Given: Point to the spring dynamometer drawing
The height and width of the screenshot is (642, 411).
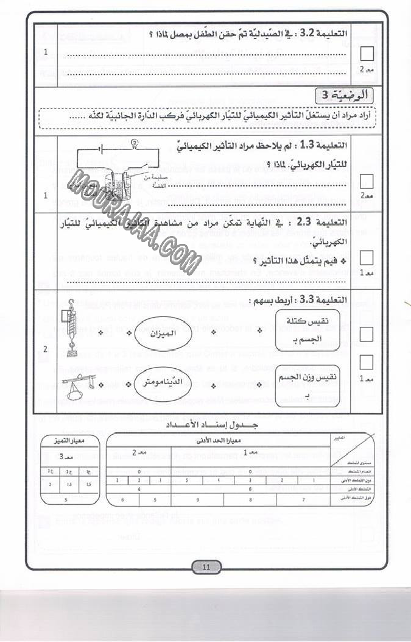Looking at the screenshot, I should [72, 331].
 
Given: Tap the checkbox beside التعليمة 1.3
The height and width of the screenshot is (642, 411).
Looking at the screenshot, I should [367, 181].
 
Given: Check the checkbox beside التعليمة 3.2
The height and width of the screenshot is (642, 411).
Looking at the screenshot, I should [367, 54].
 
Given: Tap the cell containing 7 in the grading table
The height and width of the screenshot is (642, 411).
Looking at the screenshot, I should [304, 500].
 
